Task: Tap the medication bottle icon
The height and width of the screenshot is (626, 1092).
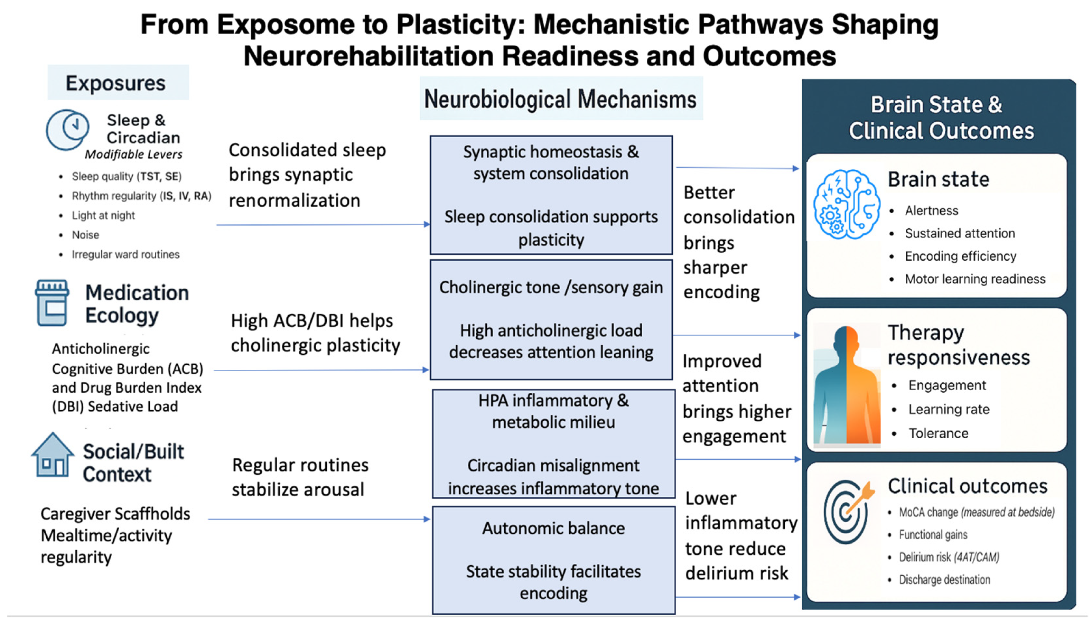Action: click(52, 303)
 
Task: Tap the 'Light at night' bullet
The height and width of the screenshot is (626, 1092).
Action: click(103, 215)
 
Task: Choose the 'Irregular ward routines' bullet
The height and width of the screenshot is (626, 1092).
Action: click(125, 254)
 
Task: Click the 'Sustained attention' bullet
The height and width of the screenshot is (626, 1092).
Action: click(960, 233)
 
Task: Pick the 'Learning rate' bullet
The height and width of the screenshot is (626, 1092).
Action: click(949, 409)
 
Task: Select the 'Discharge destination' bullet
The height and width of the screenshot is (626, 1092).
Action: click(944, 580)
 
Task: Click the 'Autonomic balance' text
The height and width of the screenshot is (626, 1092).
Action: click(553, 528)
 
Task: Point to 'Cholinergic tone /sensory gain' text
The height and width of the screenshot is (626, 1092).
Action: click(551, 287)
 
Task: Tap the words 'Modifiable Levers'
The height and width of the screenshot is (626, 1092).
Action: click(134, 155)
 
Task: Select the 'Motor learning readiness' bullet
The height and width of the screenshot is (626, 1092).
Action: click(974, 279)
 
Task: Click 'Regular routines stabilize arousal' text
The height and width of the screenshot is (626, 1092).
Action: click(300, 477)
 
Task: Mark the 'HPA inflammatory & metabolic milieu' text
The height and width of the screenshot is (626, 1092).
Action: click(553, 411)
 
